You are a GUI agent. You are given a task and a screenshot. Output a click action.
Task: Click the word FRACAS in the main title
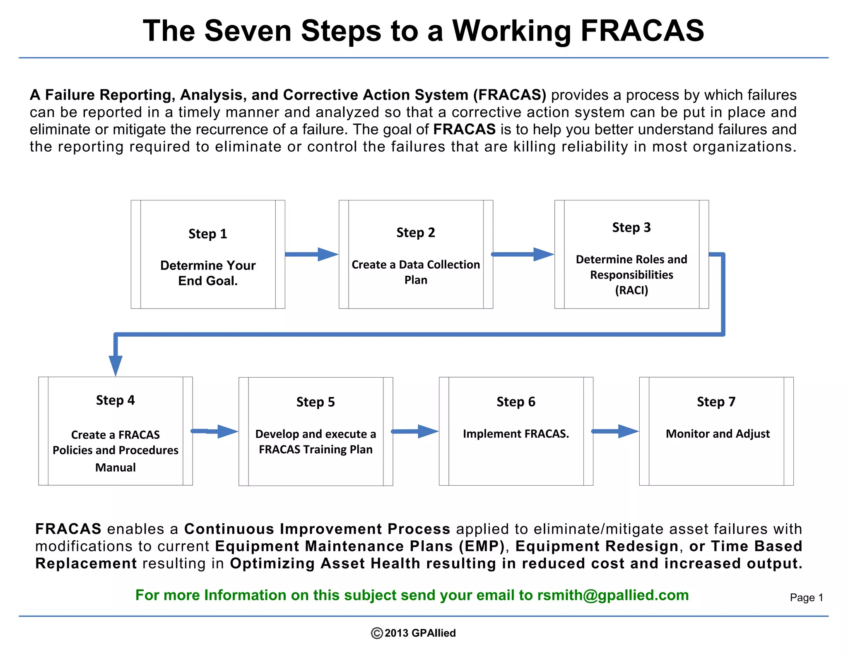coord(642,31)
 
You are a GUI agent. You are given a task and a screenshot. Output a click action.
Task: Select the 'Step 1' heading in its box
coord(208,234)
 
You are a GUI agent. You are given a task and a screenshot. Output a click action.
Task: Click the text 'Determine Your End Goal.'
coord(208,273)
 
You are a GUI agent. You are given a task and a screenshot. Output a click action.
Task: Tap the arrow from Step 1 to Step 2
coord(311,254)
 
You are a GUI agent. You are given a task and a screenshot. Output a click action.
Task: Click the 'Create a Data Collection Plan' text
coord(416,272)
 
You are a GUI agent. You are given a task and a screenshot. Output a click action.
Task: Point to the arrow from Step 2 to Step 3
coord(523,254)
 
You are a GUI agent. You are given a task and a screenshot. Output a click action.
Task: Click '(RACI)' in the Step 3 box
coord(631,290)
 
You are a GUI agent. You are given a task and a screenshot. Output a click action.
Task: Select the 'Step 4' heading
coord(116,400)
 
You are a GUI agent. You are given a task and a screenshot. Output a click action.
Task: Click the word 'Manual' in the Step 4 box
coord(116,467)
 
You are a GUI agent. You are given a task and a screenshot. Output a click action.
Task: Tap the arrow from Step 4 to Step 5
coord(214,431)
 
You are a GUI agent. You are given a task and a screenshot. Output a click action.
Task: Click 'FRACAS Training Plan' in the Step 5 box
coord(316,450)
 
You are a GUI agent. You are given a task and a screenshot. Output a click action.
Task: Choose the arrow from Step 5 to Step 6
coord(415,431)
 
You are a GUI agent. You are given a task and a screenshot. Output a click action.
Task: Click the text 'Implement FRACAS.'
coord(516,434)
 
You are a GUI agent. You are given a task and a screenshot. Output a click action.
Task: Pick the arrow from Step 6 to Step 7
coord(615,431)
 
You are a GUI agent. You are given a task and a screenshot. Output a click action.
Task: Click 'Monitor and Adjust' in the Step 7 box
coord(718,434)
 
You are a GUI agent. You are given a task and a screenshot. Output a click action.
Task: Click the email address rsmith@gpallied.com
coord(613,595)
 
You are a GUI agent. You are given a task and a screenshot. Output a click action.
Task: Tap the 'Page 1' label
coord(806,597)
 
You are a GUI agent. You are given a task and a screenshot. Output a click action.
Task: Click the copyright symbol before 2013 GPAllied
coord(377,633)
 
